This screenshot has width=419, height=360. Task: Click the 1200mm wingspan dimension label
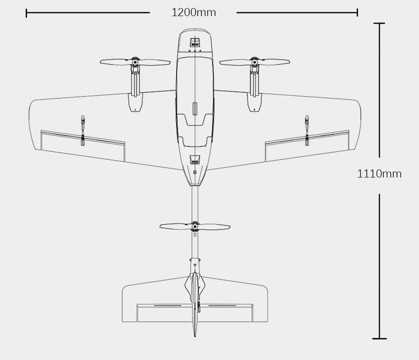(x=193, y=12)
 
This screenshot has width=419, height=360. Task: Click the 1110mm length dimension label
(x=379, y=174)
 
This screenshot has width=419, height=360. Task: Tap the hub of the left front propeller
(x=135, y=62)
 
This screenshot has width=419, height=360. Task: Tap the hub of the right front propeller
(x=255, y=62)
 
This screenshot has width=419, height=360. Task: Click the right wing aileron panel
(x=307, y=146)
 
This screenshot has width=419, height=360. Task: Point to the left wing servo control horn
(x=82, y=130)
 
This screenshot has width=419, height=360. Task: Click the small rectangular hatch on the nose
(x=194, y=43)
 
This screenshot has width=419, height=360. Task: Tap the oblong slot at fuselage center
(x=194, y=109)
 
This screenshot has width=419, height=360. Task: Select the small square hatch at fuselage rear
(x=194, y=159)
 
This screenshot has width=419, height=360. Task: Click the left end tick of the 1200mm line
(x=26, y=12)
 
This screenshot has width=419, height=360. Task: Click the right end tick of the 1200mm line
(x=357, y=12)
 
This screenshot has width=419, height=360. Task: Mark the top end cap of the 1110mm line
(x=379, y=23)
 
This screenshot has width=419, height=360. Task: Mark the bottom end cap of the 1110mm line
(x=379, y=338)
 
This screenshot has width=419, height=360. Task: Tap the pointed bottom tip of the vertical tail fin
(x=194, y=336)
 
